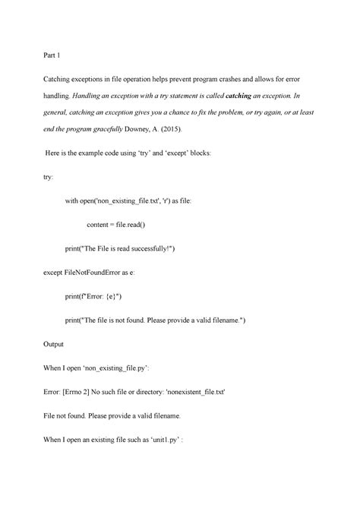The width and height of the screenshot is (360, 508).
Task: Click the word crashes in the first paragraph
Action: coord(235,78)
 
